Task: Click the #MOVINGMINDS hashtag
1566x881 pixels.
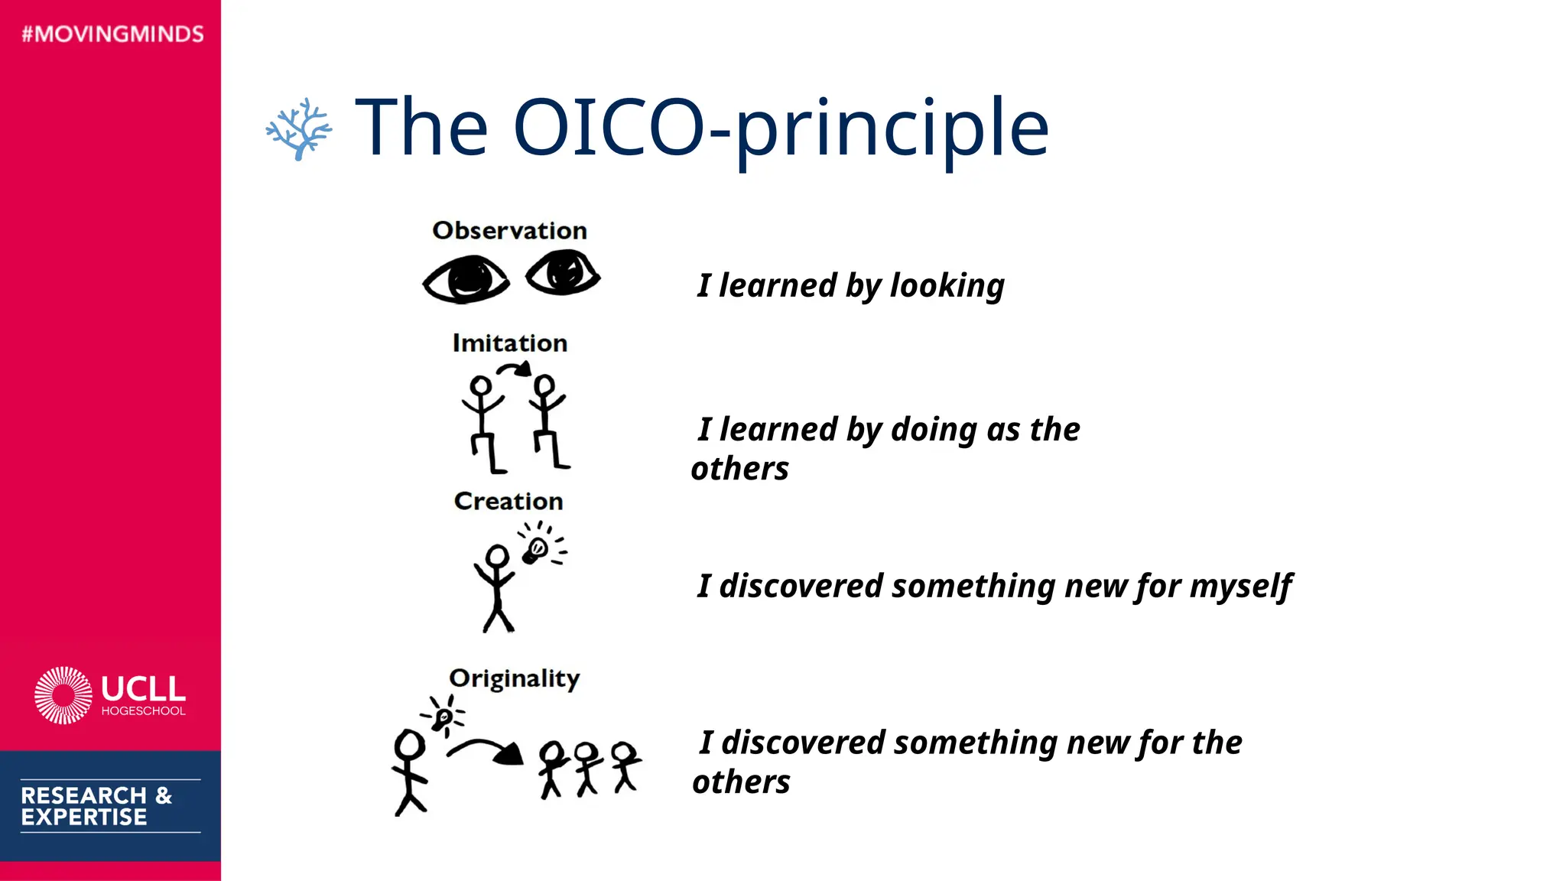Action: (112, 34)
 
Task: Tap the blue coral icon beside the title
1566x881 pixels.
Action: (298, 128)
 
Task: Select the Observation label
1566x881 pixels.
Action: (509, 230)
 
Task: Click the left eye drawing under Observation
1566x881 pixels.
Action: (466, 279)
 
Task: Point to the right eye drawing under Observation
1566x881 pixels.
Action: (564, 272)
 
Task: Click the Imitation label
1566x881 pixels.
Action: (509, 343)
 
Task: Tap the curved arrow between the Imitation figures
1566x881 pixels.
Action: (515, 369)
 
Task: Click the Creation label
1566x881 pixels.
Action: (508, 501)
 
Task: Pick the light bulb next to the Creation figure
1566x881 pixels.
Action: (535, 549)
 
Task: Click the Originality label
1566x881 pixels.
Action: (514, 678)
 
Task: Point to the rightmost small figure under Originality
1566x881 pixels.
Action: (625, 765)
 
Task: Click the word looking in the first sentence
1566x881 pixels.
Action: (947, 286)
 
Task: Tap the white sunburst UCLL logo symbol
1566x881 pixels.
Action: (63, 694)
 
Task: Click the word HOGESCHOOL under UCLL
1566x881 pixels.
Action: (143, 711)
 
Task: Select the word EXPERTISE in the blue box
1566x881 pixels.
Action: (83, 818)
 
